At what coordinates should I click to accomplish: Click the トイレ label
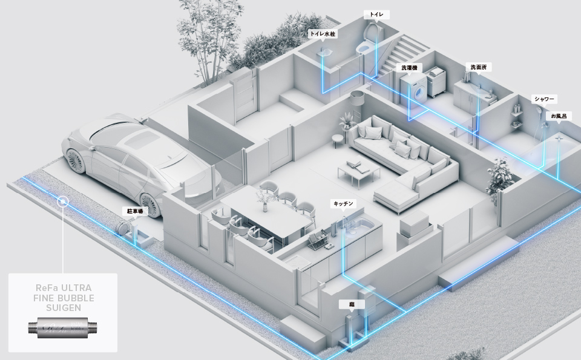(x=372, y=14)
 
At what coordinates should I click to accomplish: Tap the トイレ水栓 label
(x=323, y=34)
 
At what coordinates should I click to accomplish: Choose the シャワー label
(x=543, y=99)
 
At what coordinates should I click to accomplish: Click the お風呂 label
(x=558, y=115)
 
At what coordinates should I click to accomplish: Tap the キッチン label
(x=343, y=204)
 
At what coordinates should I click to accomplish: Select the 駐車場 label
(x=134, y=211)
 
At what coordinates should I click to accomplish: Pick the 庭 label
(x=352, y=304)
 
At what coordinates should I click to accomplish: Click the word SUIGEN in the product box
(x=63, y=308)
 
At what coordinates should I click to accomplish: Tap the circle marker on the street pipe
(x=63, y=200)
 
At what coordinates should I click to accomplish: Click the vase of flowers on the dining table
(x=264, y=198)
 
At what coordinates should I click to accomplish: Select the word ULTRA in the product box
(x=76, y=289)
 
